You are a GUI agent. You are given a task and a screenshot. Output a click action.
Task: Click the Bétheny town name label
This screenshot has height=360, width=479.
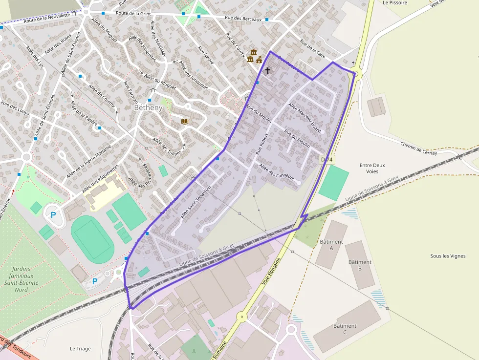tap(148, 107)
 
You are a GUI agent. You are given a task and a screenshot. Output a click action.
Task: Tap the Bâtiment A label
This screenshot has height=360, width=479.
tap(331, 245)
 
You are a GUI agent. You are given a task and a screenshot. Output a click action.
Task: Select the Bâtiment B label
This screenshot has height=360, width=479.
tap(360, 265)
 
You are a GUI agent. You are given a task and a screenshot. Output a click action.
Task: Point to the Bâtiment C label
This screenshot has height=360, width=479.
tap(345, 329)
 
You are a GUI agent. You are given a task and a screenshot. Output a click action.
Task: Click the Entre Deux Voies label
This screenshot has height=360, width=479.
tap(372, 169)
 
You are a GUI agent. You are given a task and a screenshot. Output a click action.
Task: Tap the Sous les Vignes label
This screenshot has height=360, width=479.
tap(448, 256)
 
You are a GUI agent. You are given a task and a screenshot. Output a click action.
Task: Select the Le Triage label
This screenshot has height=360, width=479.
tap(80, 349)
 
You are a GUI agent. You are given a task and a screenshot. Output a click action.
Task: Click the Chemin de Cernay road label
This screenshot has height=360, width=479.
tap(418, 149)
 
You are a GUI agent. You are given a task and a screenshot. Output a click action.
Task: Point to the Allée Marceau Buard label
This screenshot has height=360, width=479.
tap(305, 117)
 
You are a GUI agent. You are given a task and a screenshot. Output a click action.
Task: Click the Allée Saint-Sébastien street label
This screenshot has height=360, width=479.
tap(196, 202)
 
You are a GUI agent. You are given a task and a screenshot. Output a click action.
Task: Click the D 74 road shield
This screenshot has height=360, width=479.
tap(327, 160)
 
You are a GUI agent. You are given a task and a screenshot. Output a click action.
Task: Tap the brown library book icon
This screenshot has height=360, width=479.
tap(184, 121)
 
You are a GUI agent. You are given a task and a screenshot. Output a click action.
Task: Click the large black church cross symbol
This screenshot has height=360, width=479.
tap(267, 71)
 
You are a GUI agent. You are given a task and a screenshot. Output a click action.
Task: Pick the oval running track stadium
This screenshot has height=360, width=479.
tap(93, 238)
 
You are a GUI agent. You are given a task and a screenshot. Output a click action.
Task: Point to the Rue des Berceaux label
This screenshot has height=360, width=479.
tap(243, 19)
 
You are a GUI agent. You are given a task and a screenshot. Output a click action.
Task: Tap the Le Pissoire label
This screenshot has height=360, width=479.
tap(394, 3)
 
